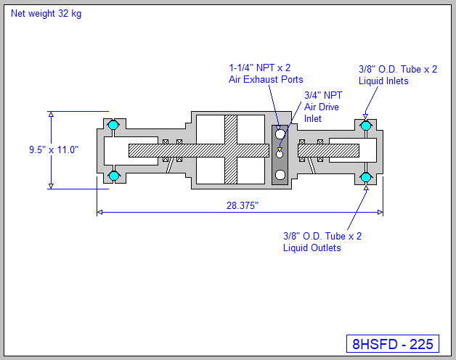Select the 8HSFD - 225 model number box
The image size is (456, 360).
pos(392,344)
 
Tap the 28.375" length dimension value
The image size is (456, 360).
pos(243,205)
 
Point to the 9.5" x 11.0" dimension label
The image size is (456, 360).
pos(54,150)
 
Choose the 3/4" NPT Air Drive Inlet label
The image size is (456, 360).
pos(322,106)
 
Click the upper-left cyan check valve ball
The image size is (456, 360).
pos(113,126)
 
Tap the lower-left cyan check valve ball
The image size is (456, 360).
pos(113,176)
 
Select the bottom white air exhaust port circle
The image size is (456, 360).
pos(280,173)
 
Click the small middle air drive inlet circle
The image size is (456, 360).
pos(280,153)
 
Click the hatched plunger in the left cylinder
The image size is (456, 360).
pos(167,150)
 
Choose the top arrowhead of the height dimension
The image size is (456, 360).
pos(51,115)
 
